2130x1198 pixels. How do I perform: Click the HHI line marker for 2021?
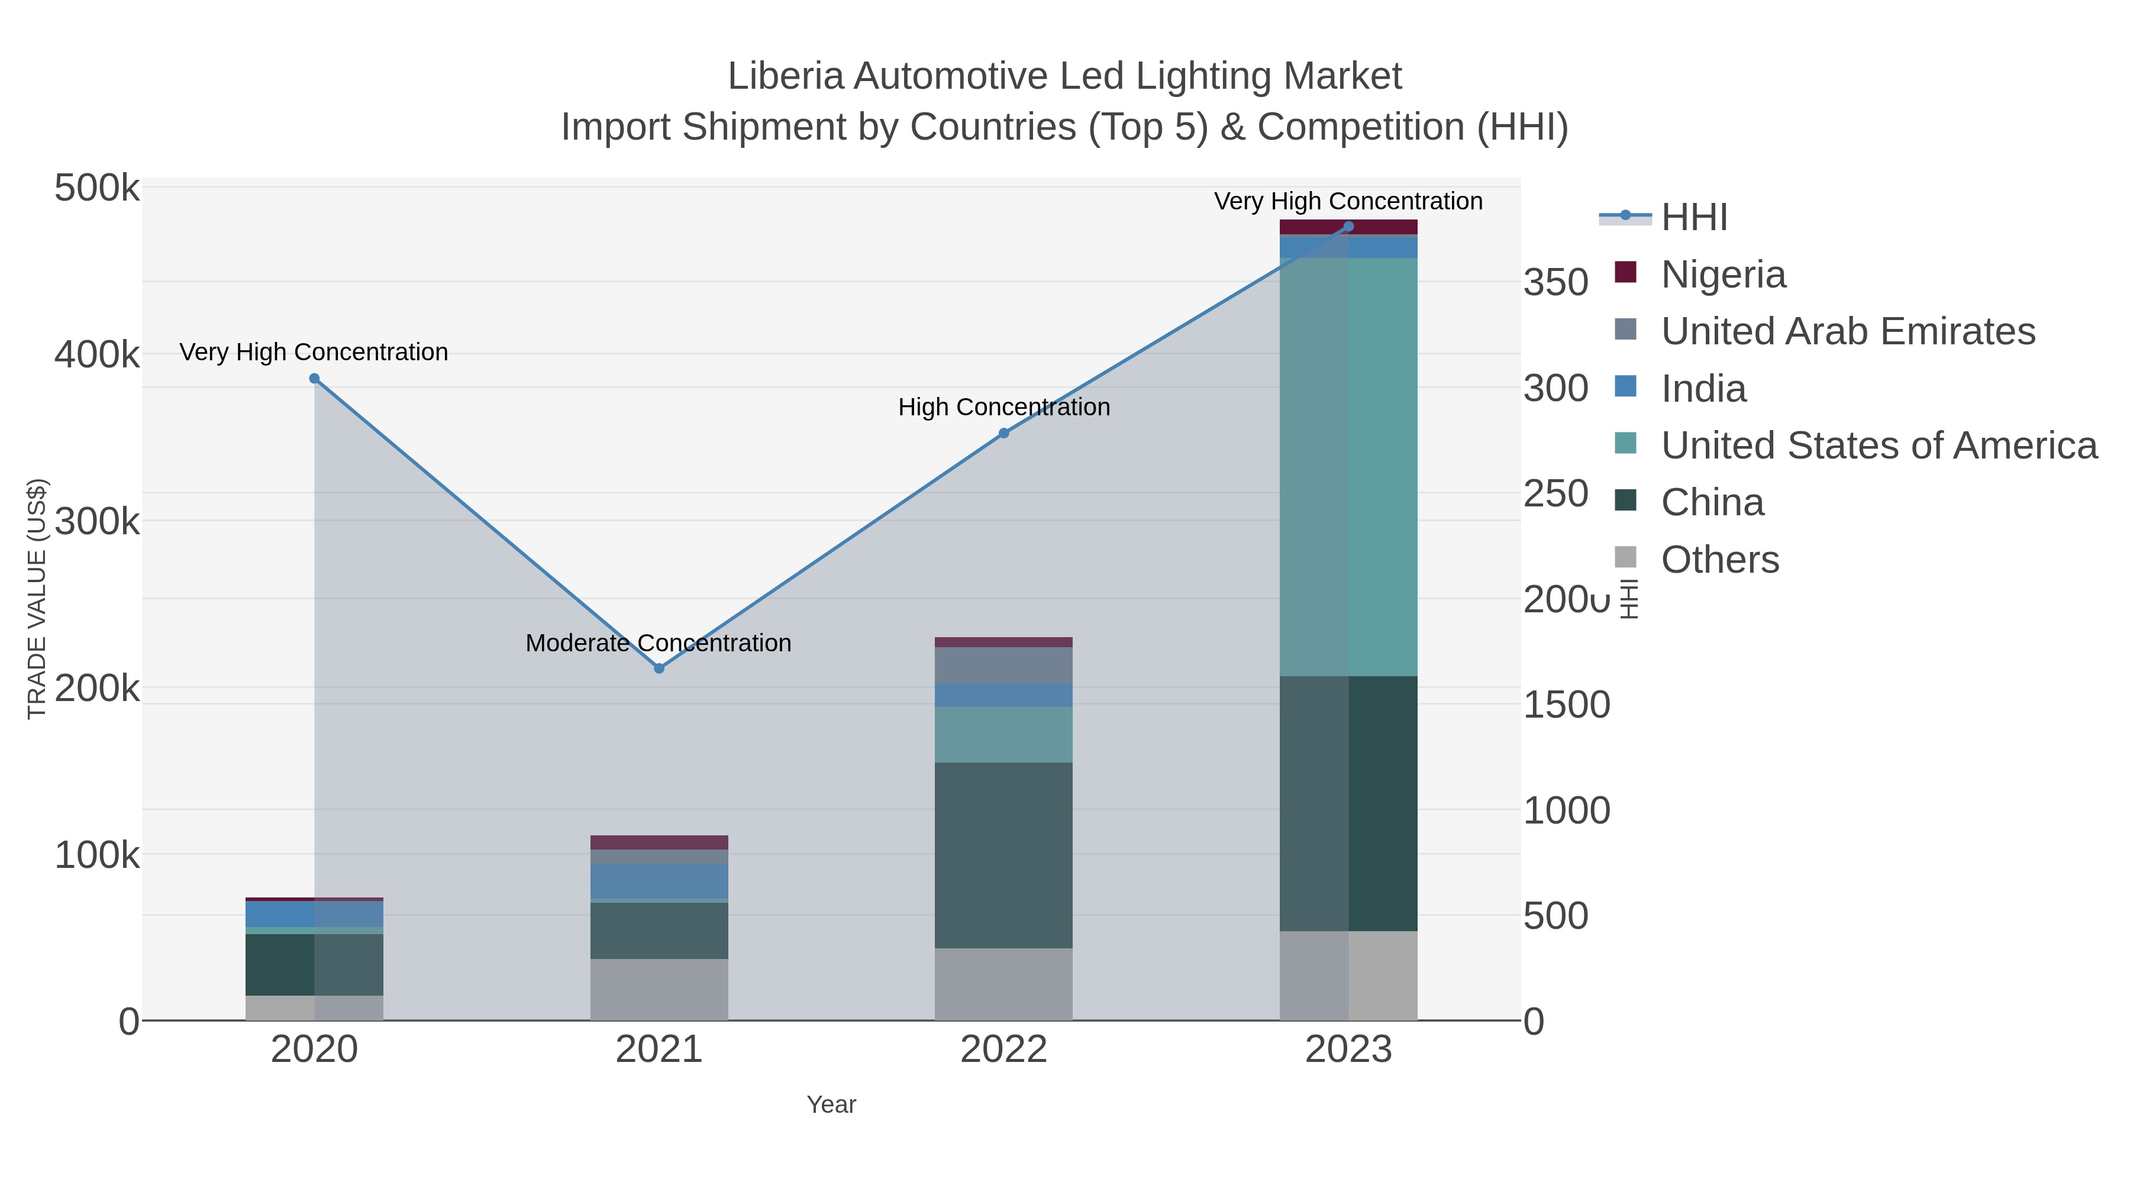pyautogui.click(x=659, y=668)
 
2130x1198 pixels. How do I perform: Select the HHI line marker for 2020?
pyautogui.click(x=314, y=379)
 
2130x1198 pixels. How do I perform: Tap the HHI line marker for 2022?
pyautogui.click(x=1004, y=433)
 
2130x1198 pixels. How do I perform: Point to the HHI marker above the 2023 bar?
pyautogui.click(x=1348, y=227)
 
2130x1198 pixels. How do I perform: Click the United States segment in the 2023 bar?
pyautogui.click(x=1348, y=467)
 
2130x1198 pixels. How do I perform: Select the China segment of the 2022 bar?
pyautogui.click(x=1004, y=855)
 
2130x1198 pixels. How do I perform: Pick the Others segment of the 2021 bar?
pyautogui.click(x=659, y=990)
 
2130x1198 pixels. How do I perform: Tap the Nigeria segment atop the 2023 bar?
pyautogui.click(x=1348, y=227)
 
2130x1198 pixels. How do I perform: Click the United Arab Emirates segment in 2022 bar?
pyautogui.click(x=1004, y=666)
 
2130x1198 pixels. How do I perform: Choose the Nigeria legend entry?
pyautogui.click(x=1723, y=275)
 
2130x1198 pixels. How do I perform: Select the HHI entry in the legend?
pyautogui.click(x=1693, y=218)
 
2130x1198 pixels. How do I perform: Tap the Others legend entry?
pyautogui.click(x=1720, y=560)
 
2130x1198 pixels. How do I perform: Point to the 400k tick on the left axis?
pyautogui.click(x=97, y=356)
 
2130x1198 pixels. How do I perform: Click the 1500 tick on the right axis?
pyautogui.click(x=1566, y=705)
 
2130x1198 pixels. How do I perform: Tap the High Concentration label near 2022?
pyautogui.click(x=1004, y=408)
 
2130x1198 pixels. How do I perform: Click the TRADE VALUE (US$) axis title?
pyautogui.click(x=37, y=599)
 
